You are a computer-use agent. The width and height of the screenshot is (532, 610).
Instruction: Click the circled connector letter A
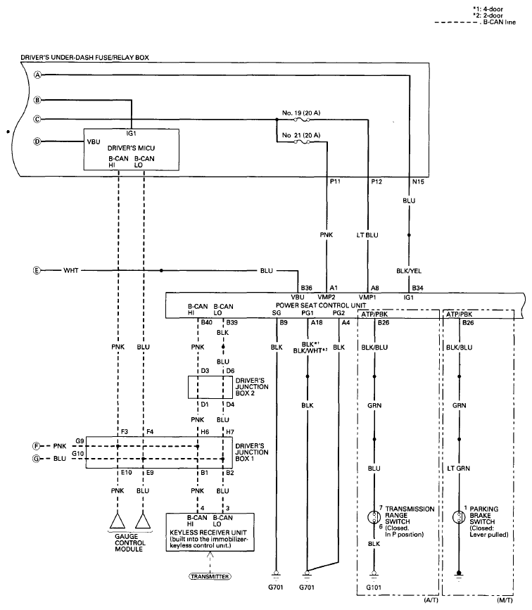coord(38,75)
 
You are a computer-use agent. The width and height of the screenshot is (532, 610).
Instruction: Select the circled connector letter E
coord(38,270)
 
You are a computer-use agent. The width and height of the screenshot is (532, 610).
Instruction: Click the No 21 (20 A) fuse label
coord(300,134)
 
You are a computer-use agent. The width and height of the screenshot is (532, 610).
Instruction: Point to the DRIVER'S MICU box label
coord(132,148)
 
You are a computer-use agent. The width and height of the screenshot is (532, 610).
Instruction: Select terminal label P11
coord(335,181)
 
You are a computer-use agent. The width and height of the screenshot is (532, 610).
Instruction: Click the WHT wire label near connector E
coord(71,270)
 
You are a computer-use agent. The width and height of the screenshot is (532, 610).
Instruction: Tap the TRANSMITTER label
coord(210,576)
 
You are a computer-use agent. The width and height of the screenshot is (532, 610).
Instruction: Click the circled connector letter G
coord(38,459)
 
